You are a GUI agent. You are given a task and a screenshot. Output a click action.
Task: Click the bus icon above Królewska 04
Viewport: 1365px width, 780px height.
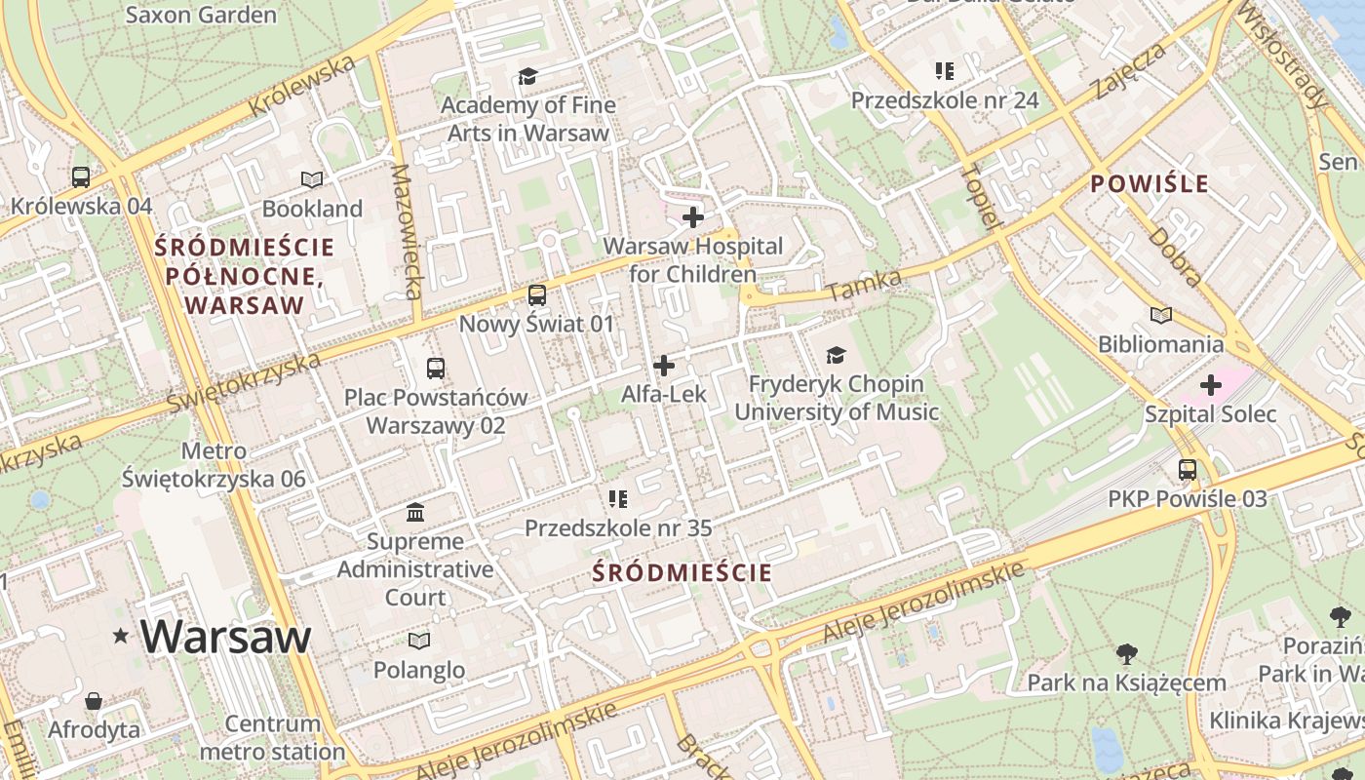tap(81, 176)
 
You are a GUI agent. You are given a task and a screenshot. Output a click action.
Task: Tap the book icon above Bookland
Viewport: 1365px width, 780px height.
tap(312, 179)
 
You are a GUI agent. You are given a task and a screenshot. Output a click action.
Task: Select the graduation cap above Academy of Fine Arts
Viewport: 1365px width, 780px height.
tap(527, 76)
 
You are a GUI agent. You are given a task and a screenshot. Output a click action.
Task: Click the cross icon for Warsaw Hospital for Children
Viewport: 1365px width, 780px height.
tap(693, 216)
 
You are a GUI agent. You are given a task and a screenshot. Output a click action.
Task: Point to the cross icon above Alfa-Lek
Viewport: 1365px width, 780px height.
tap(664, 366)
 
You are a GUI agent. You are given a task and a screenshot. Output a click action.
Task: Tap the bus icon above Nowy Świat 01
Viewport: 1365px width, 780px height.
tap(536, 294)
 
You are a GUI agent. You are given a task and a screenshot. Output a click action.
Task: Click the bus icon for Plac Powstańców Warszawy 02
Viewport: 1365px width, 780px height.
tap(436, 369)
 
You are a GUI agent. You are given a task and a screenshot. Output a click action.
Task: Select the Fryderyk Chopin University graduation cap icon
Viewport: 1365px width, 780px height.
tap(836, 355)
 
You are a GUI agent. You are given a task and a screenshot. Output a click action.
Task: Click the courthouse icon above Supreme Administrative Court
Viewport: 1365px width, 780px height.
tap(415, 512)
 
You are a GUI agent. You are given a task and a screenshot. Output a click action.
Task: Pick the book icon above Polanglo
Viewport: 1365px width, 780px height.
tap(419, 641)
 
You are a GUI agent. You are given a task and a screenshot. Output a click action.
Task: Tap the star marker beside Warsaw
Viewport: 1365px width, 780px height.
tap(121, 637)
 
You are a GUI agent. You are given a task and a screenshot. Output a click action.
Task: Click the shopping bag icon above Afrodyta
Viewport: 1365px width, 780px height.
tap(94, 701)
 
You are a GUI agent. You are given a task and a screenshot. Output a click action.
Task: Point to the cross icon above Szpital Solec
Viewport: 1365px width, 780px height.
tap(1210, 385)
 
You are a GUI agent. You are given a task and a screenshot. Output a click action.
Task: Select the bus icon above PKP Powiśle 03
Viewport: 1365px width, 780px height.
tap(1187, 469)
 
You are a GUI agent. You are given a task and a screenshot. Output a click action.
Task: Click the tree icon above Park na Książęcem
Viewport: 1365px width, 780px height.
tap(1126, 653)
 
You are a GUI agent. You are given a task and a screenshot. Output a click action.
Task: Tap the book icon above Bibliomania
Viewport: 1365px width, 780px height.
tap(1160, 315)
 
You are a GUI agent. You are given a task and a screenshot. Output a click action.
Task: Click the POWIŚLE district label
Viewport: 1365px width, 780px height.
tap(1150, 183)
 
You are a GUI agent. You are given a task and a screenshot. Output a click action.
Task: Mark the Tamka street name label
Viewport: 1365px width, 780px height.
tap(864, 285)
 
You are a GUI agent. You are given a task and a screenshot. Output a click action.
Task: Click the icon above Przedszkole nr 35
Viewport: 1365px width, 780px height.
tap(617, 499)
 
